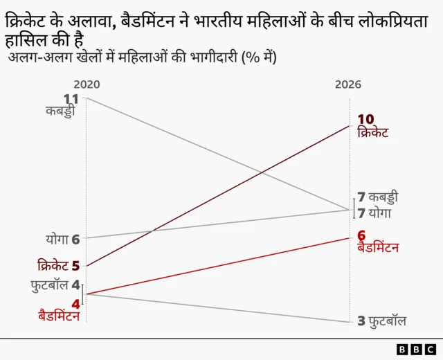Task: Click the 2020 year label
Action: point(87,84)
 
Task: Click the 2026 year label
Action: point(348,84)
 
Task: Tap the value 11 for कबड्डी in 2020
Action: point(71,98)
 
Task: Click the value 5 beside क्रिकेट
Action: point(75,265)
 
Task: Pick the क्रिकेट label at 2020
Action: point(53,265)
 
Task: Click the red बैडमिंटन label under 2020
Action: point(59,316)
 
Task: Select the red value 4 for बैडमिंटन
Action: point(76,303)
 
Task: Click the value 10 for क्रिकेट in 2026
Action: point(366,119)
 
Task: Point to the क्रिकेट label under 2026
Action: point(373,132)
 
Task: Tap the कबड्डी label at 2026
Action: point(383,197)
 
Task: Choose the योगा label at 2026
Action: point(380,213)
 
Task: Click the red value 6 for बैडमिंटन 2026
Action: point(361,235)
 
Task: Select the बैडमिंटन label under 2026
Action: point(378,247)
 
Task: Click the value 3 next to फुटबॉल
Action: point(361,321)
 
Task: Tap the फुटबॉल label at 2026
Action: point(387,321)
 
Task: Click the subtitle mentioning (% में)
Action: point(143,57)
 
